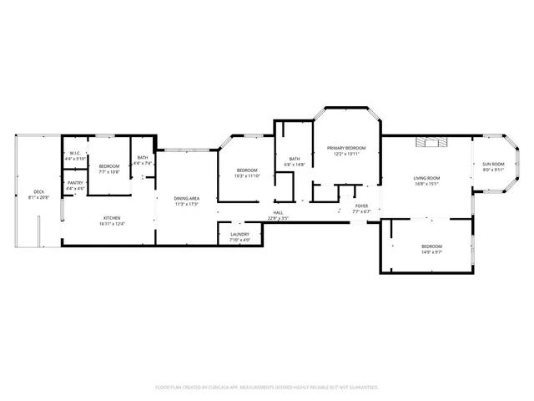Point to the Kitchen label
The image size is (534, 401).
click(111, 220)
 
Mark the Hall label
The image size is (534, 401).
click(278, 212)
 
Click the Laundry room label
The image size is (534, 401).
click(239, 236)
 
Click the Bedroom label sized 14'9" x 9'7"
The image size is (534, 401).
click(431, 248)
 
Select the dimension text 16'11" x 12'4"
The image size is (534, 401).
click(111, 224)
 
